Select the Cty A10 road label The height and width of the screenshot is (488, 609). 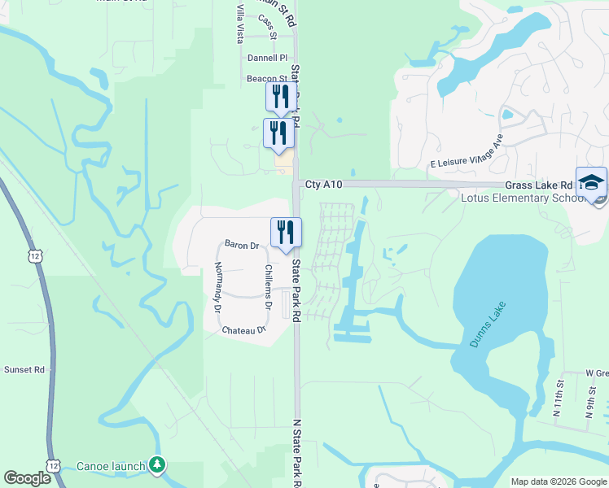point(324,185)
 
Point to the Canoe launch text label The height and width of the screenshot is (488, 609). point(110,467)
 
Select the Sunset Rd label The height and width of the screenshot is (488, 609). point(23,369)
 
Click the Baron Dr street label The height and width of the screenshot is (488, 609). point(241,245)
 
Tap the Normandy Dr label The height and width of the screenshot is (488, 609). point(217,287)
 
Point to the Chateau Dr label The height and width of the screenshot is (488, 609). point(243,330)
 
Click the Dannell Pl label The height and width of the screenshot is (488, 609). point(268,59)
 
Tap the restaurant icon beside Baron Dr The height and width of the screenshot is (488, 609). point(286,233)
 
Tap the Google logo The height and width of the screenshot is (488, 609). point(27,478)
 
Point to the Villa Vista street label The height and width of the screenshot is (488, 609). point(240,24)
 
